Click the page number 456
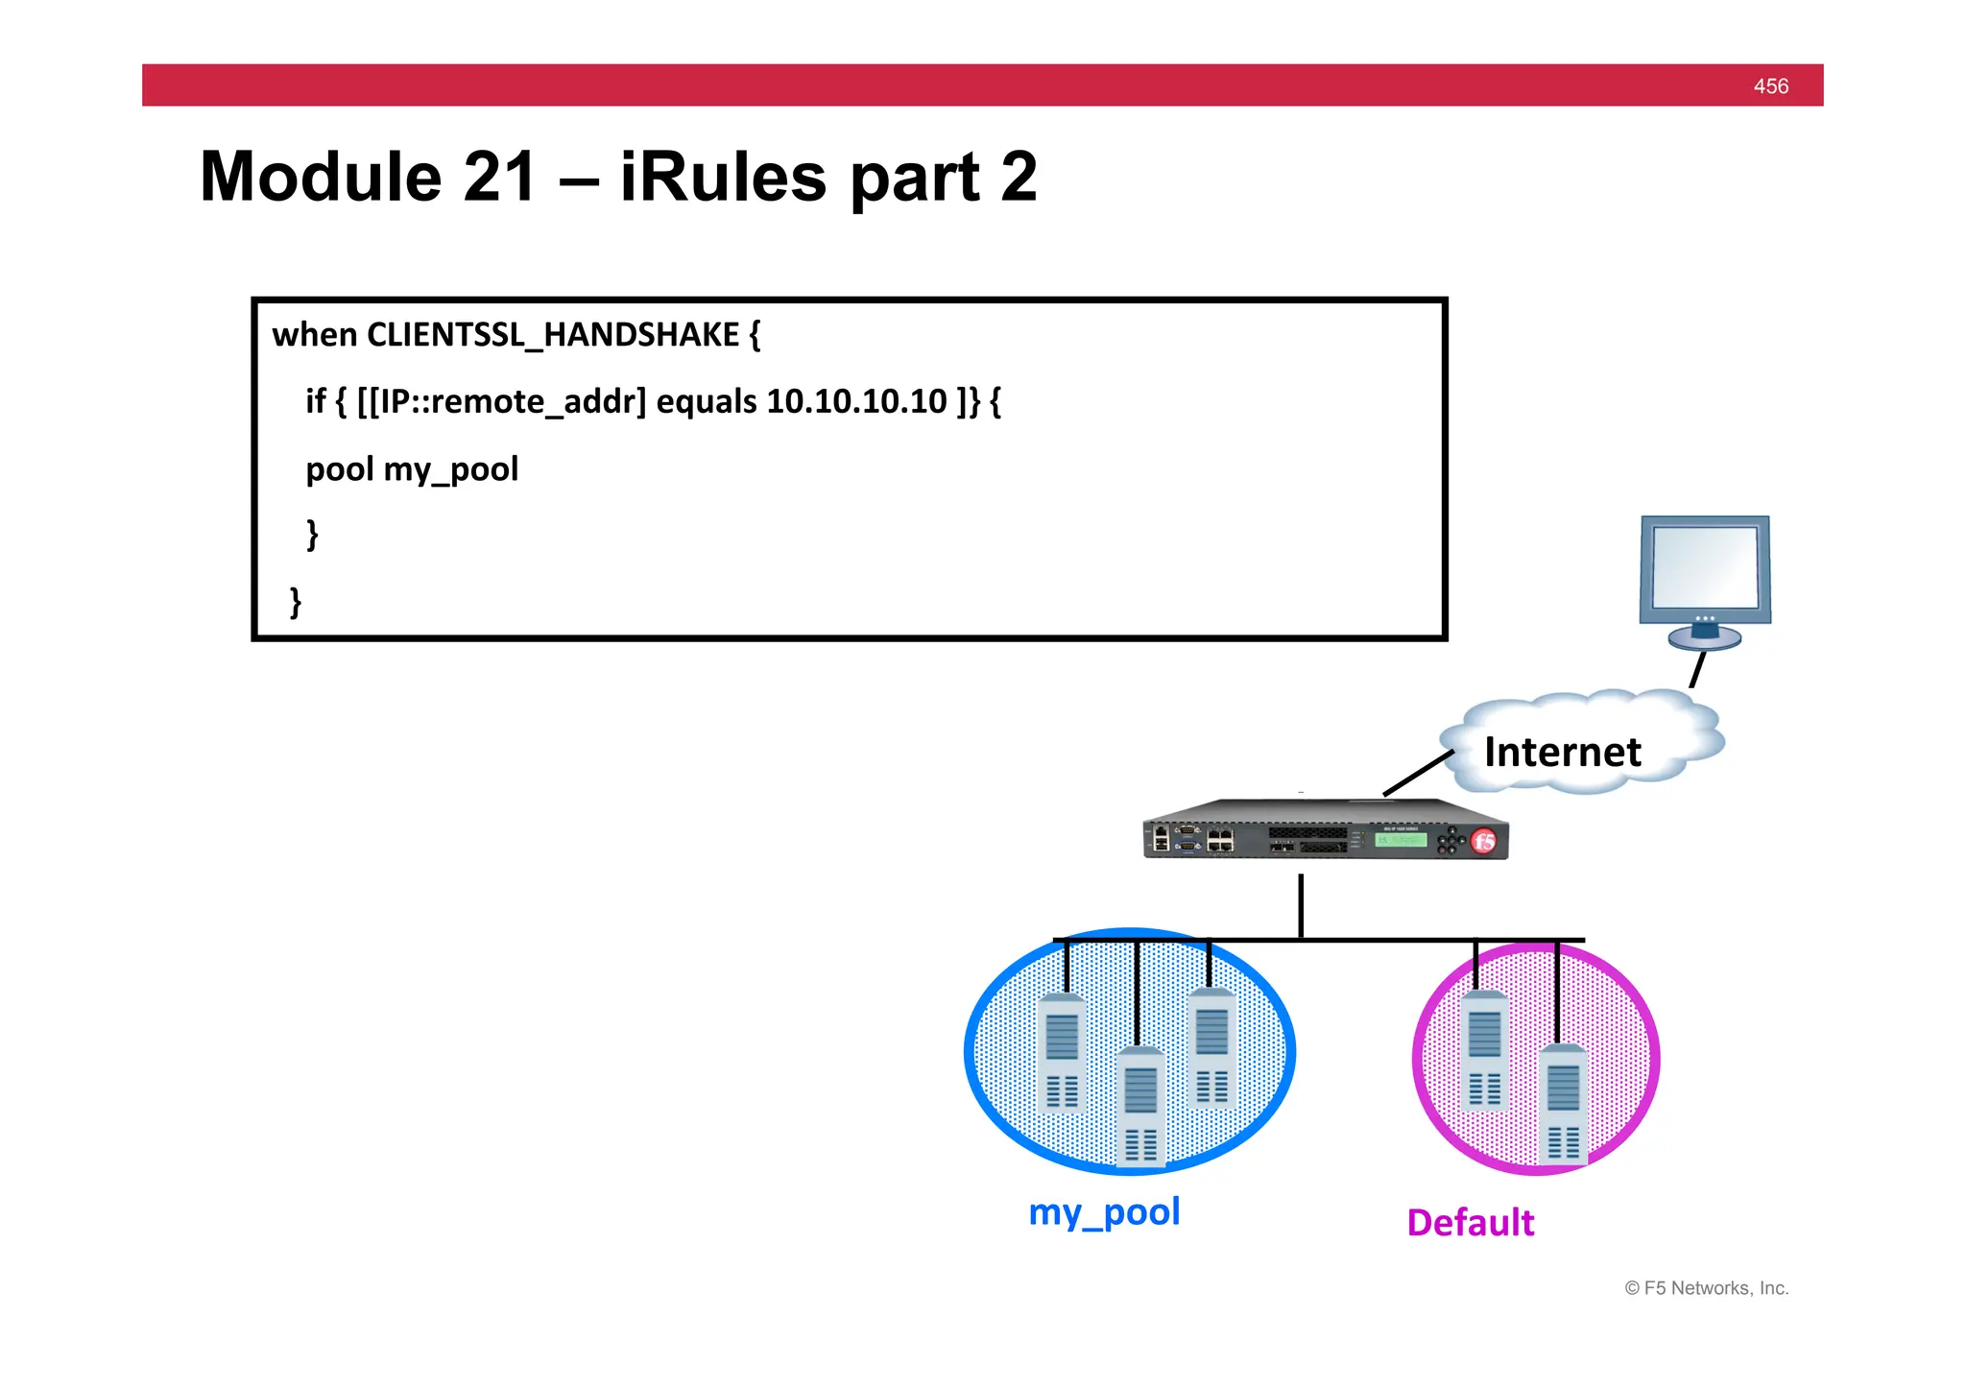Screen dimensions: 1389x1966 (1770, 86)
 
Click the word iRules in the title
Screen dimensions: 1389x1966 (722, 178)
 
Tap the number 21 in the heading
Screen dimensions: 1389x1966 (498, 178)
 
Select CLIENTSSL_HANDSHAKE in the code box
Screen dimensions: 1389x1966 (553, 335)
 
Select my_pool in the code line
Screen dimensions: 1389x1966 (450, 469)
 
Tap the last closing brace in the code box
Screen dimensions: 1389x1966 (296, 602)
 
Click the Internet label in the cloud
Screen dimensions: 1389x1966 (1562, 752)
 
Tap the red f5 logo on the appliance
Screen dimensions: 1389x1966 (1484, 842)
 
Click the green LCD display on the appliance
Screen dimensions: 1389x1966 (1401, 840)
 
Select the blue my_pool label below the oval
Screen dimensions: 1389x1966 (1104, 1211)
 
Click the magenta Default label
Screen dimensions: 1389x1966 (1470, 1223)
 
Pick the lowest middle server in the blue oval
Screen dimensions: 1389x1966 (1140, 1107)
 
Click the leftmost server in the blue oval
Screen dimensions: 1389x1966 (1062, 1054)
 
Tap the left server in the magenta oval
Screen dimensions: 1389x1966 (1484, 1051)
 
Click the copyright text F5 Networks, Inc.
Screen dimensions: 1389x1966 (1706, 1288)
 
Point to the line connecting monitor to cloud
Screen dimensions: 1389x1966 (1697, 670)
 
